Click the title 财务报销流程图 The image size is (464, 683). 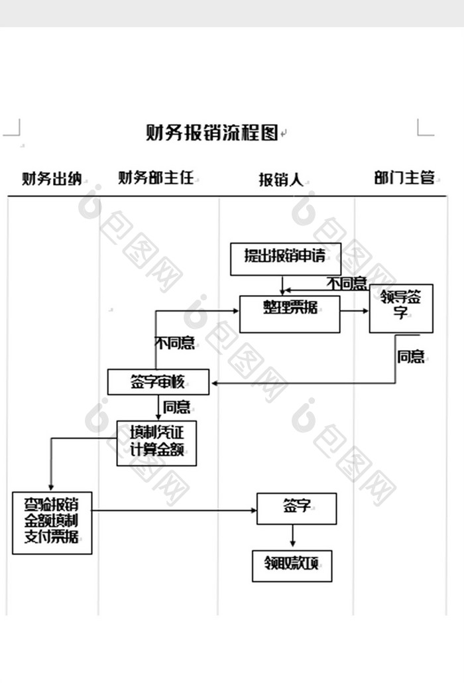[x=211, y=133]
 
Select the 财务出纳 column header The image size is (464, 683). [x=51, y=178]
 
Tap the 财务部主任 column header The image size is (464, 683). [x=156, y=178]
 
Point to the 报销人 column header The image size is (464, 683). [x=280, y=180]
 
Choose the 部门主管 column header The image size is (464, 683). [x=404, y=178]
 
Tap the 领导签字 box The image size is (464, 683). [x=401, y=308]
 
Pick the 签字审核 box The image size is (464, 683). [x=158, y=382]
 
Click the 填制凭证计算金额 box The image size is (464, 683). [x=156, y=443]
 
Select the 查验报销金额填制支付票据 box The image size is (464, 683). [x=52, y=523]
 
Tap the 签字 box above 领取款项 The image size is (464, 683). [x=296, y=508]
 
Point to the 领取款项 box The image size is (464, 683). [x=292, y=566]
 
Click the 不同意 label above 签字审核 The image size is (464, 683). [x=174, y=343]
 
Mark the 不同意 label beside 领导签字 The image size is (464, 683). [x=347, y=284]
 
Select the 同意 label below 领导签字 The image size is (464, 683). [x=410, y=357]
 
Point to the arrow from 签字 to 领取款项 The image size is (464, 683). [x=293, y=536]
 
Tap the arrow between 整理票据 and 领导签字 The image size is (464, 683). [x=355, y=311]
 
